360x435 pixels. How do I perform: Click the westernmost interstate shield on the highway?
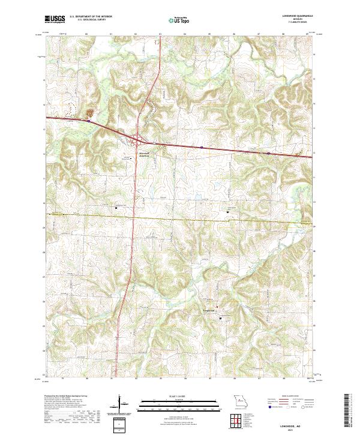pos(88,121)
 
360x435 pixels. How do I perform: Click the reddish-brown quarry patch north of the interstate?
pos(92,112)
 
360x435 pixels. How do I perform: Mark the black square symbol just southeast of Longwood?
pos(220,319)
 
